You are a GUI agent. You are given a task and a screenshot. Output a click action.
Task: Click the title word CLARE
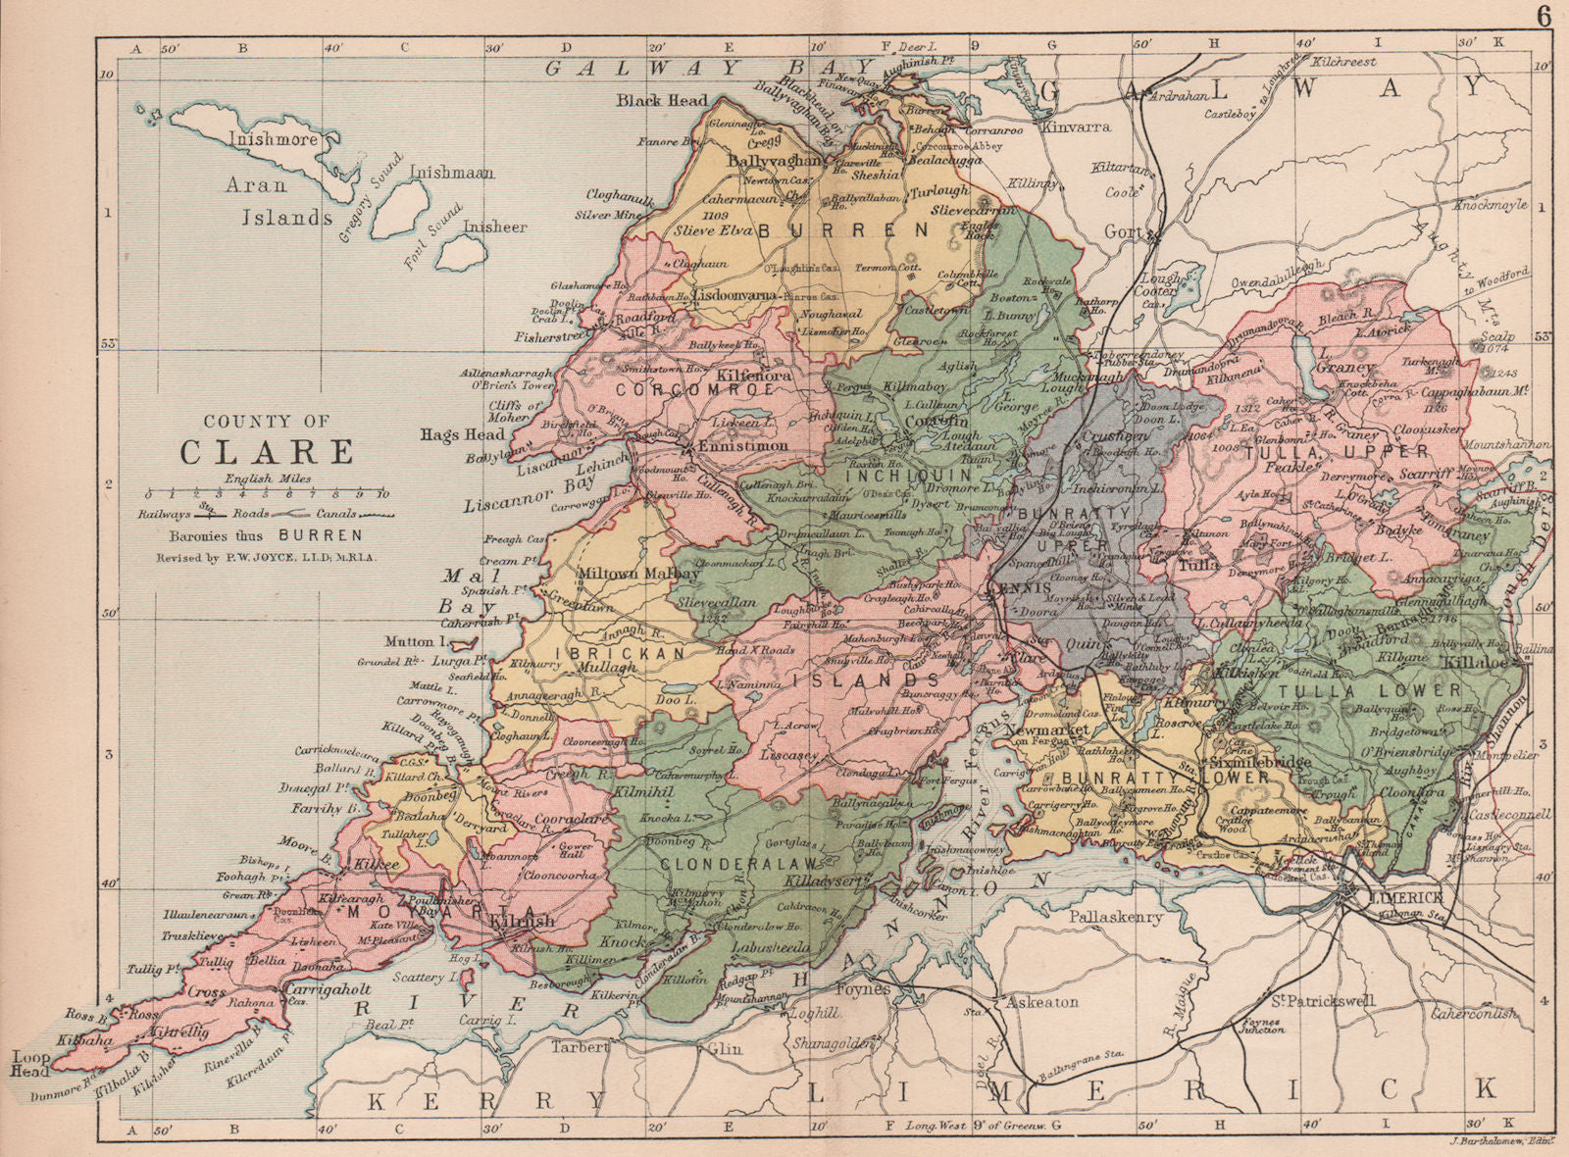267,452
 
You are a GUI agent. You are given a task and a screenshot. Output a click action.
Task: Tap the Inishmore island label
274,139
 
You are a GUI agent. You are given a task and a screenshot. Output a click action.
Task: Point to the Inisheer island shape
463,253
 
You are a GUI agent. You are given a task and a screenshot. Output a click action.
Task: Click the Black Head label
662,100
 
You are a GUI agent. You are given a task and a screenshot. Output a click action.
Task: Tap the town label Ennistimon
742,446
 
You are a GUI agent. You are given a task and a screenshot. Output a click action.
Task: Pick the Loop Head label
30,1064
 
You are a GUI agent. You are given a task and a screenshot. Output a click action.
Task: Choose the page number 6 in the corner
1544,17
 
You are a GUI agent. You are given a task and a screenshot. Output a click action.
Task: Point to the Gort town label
1124,233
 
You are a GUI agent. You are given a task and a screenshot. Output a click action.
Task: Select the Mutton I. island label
409,643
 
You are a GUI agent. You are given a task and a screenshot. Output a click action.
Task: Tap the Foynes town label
862,989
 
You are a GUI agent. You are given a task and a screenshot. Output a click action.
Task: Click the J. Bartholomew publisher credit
1497,1140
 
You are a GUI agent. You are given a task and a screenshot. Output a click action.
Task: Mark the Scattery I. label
419,978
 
